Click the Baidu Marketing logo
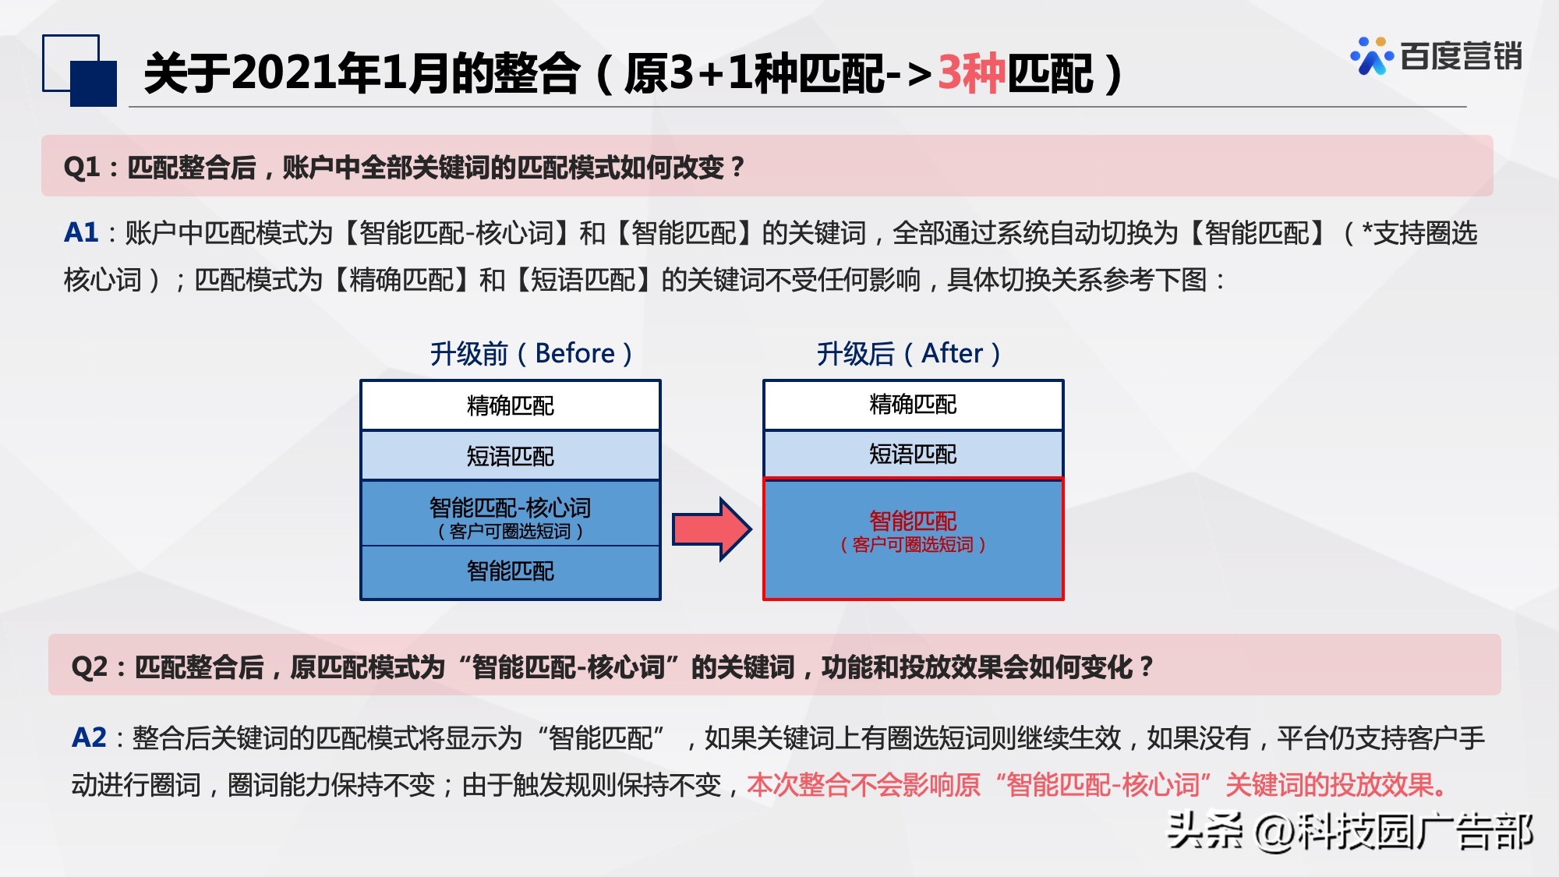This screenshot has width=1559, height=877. (x=1436, y=56)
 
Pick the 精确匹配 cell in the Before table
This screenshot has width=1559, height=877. (x=510, y=405)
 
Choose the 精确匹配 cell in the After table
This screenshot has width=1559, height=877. (x=913, y=405)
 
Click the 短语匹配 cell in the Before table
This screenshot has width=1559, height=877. (x=510, y=456)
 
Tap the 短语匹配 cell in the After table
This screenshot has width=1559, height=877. (x=913, y=454)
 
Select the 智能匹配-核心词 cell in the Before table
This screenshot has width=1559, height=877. (x=510, y=514)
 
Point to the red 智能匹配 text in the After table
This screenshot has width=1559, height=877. (x=913, y=521)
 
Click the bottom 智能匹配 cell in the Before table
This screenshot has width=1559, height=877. (x=510, y=571)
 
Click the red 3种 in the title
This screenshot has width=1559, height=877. (x=971, y=74)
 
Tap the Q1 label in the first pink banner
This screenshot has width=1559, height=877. (x=82, y=167)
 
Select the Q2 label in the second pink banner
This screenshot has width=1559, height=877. (x=89, y=667)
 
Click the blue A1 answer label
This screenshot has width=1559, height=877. (x=81, y=232)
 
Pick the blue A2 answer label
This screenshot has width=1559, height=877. (x=89, y=737)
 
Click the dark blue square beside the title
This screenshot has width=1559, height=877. (x=94, y=83)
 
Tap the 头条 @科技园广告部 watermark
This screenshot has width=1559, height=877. (x=1349, y=831)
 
